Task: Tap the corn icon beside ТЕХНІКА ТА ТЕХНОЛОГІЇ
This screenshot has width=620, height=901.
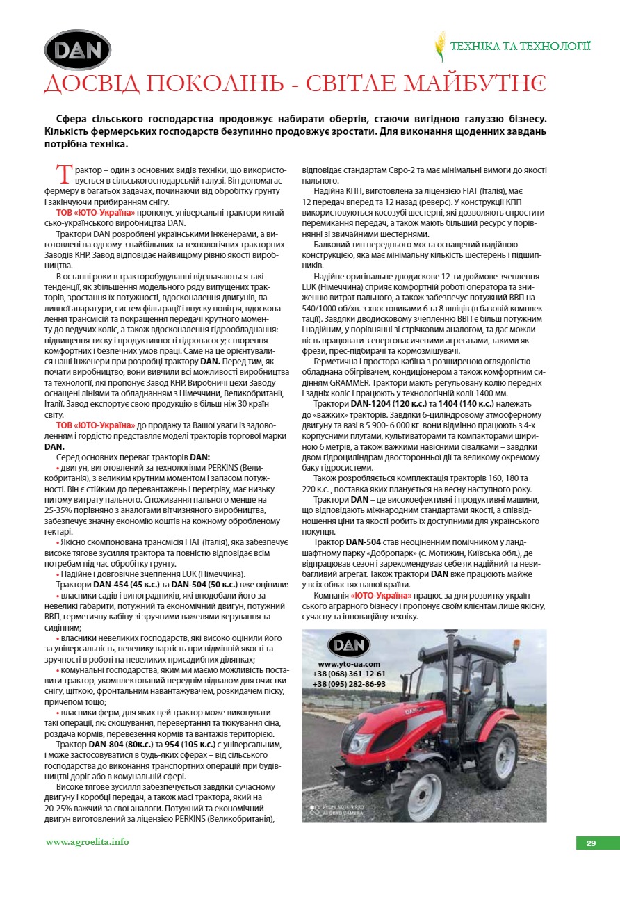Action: click(439, 47)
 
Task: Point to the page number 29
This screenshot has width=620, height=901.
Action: click(591, 843)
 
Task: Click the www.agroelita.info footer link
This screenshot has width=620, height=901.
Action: click(88, 842)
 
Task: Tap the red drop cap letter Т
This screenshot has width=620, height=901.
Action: click(64, 173)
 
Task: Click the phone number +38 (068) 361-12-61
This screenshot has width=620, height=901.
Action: click(349, 674)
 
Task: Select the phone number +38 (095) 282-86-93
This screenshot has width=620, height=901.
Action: click(349, 684)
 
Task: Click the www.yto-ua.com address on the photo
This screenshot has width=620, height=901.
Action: click(349, 664)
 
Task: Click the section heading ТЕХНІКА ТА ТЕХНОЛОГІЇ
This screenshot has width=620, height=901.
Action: click(521, 47)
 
